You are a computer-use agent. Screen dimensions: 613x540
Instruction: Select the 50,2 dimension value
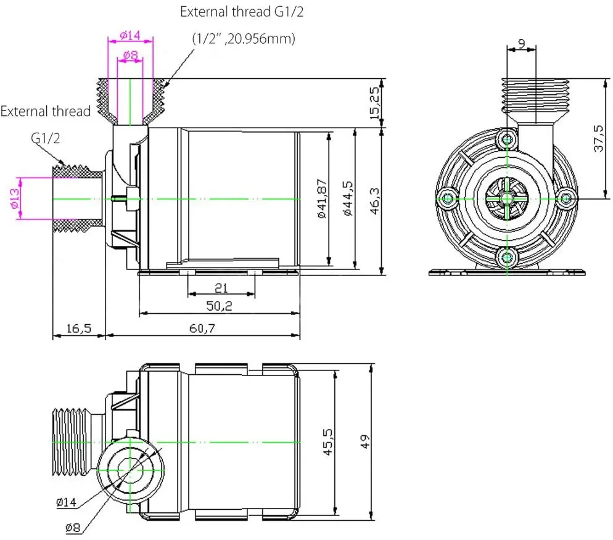(219, 306)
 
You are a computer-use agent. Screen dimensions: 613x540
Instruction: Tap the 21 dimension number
(221, 287)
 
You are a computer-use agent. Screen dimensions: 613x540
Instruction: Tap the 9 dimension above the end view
(521, 44)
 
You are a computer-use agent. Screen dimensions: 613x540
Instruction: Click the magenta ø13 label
(14, 198)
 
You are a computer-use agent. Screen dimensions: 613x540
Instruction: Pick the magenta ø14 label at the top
(130, 35)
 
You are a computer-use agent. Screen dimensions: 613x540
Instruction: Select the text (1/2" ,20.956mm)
(244, 38)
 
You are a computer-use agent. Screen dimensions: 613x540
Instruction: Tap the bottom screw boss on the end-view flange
(506, 256)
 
